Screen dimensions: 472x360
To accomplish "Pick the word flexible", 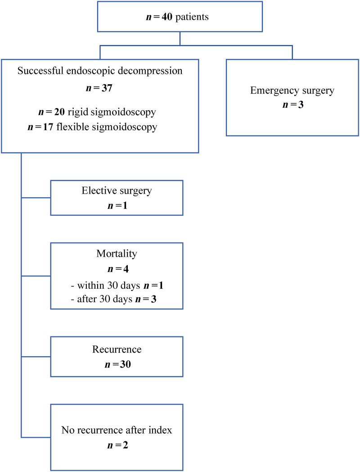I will tap(74, 127).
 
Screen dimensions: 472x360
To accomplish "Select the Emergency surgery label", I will tap(292, 91).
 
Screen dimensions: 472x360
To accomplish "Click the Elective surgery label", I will tap(117, 191).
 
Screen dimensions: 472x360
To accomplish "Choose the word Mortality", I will tap(117, 254).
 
